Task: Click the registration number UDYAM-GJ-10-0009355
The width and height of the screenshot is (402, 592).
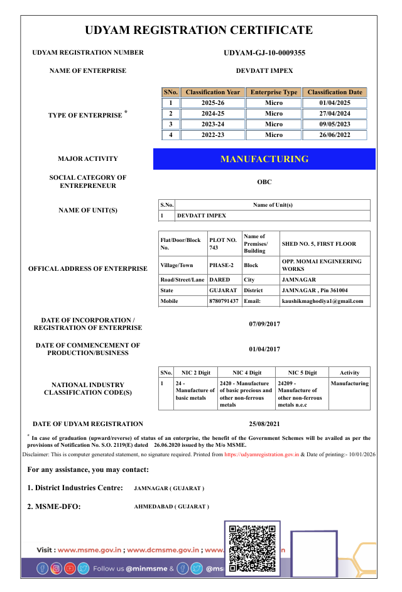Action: tap(264, 53)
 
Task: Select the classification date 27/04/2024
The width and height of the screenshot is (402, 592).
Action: tap(335, 114)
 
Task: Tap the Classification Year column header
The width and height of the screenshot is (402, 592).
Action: tap(213, 92)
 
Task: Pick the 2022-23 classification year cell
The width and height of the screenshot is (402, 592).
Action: tap(213, 135)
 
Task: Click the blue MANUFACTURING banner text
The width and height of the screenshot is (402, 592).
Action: tap(264, 159)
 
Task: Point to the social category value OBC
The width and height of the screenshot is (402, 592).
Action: tap(264, 182)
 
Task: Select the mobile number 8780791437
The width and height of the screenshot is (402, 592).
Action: tap(224, 301)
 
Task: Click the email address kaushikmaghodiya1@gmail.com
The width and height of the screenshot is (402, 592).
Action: tap(322, 301)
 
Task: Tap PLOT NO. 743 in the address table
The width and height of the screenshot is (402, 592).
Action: tap(223, 244)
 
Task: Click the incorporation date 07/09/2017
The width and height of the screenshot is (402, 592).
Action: tap(264, 324)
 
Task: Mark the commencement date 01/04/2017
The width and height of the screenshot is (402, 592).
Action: tap(264, 349)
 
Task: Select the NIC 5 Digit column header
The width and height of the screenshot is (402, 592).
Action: tap(301, 373)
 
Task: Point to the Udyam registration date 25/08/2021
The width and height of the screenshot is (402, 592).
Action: tap(264, 424)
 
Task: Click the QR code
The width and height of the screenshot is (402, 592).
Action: tap(252, 548)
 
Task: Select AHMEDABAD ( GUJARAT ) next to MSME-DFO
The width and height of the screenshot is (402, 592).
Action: tap(171, 507)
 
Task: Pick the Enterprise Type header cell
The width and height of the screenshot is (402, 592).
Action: tap(274, 92)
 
